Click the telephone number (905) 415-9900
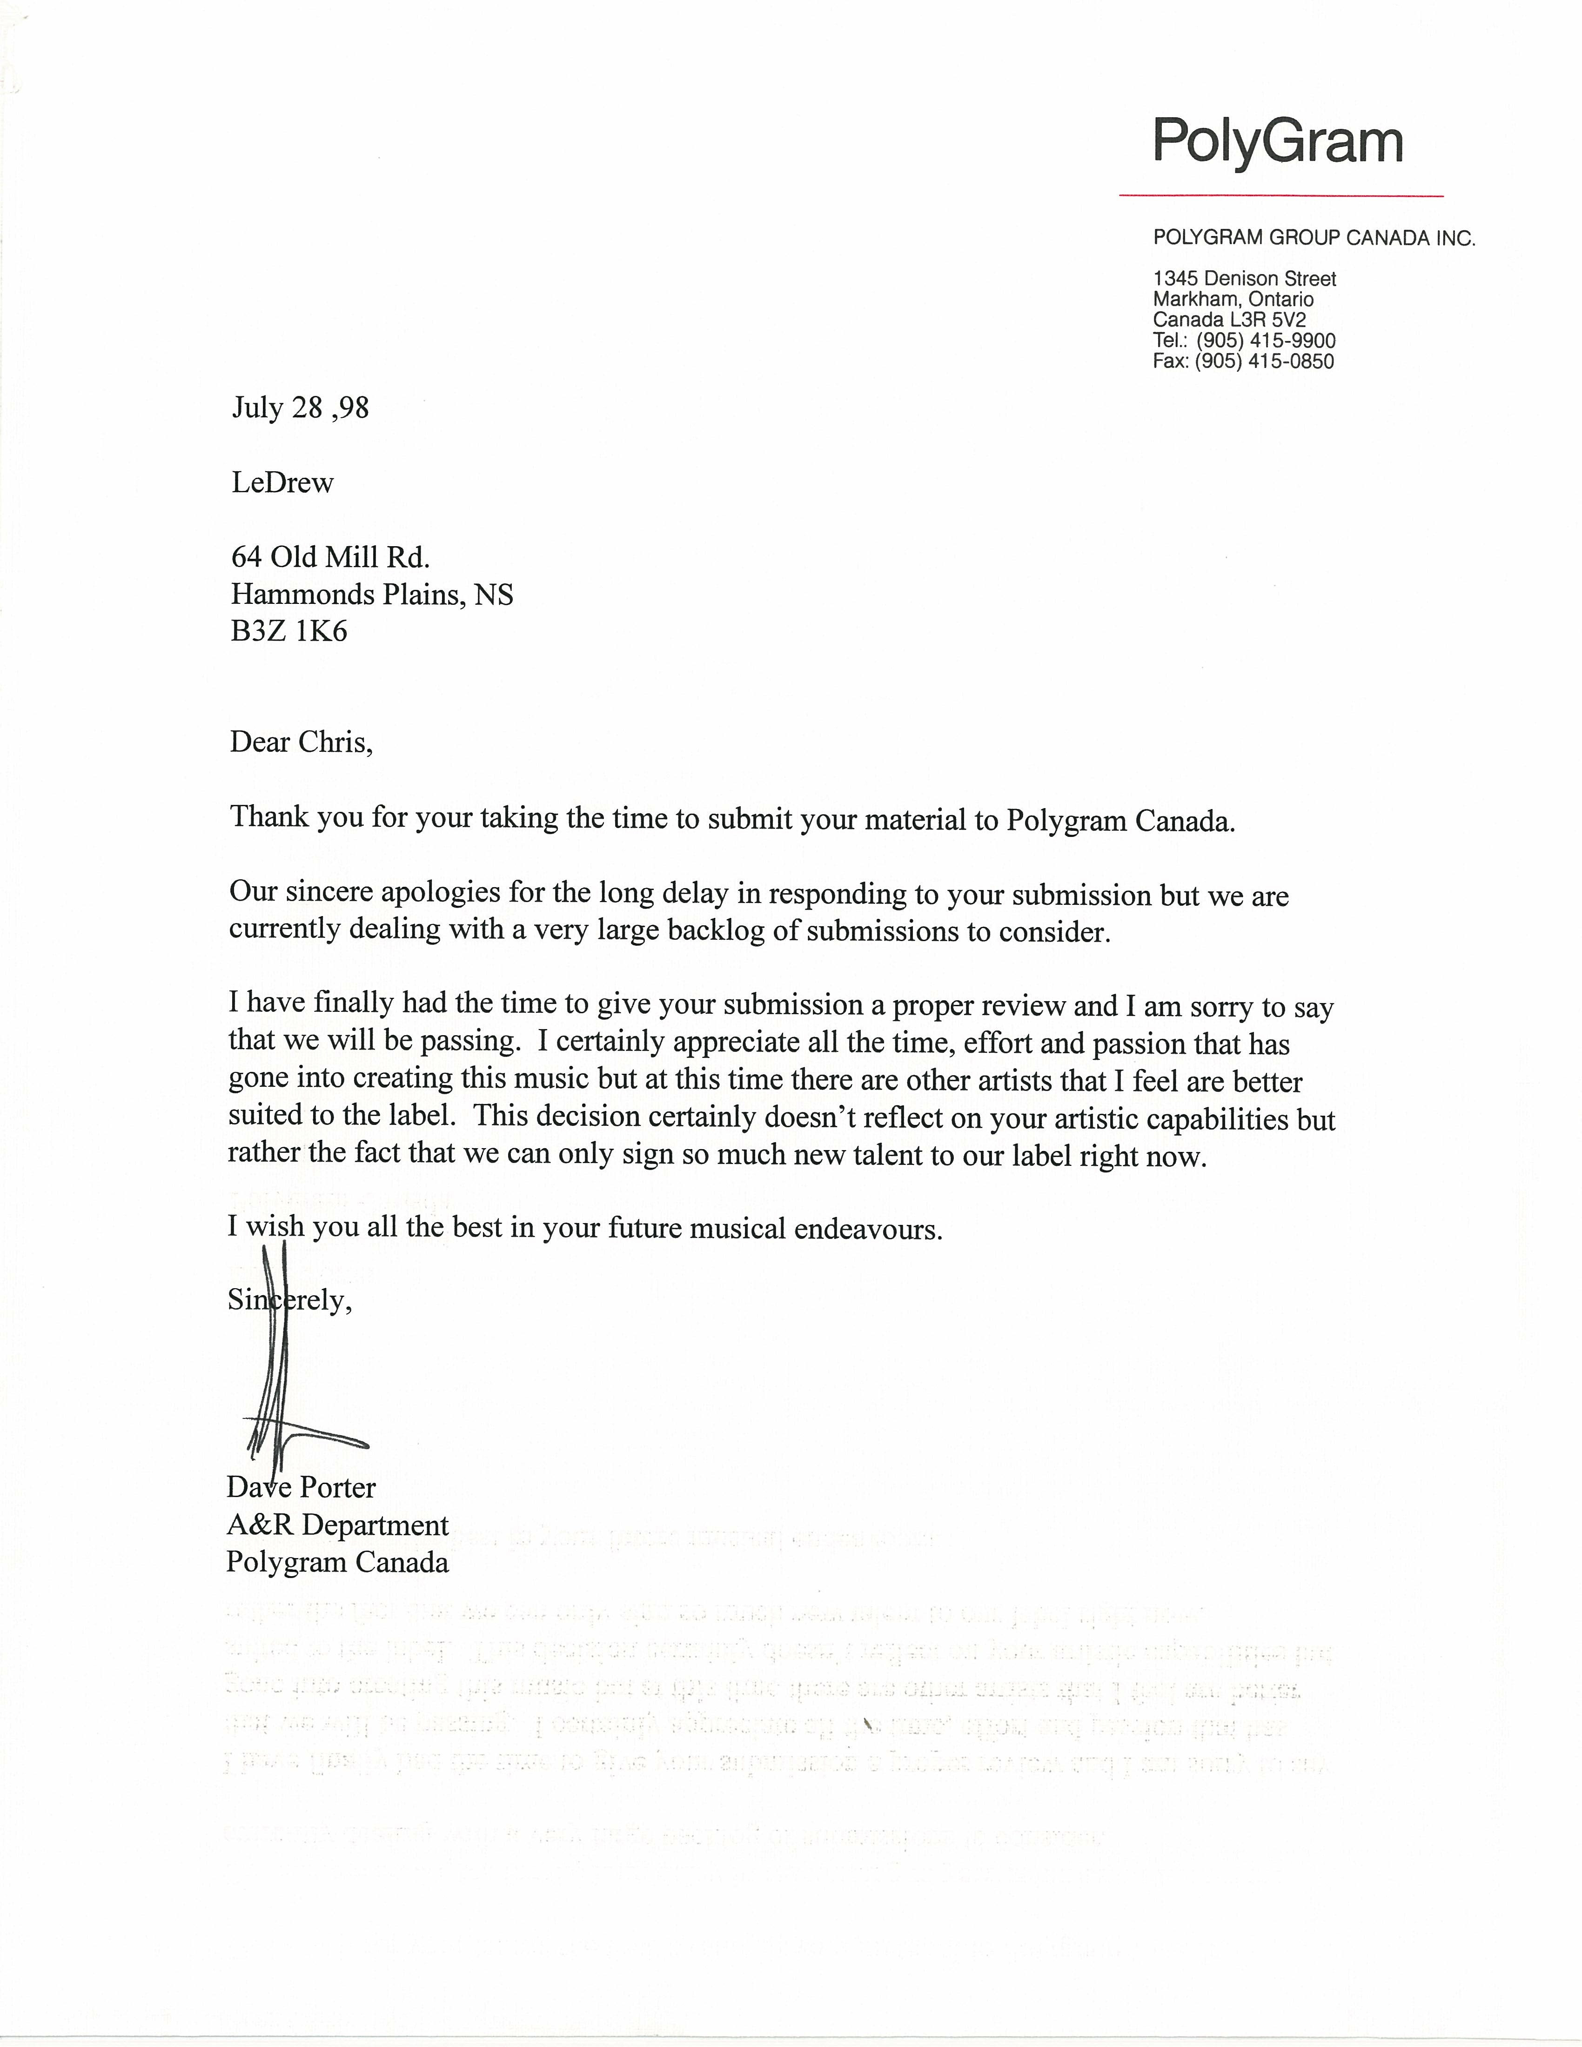(x=1265, y=340)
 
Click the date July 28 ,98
(x=300, y=408)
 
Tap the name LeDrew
(x=282, y=483)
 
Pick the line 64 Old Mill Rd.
(x=330, y=558)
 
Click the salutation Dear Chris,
(x=301, y=743)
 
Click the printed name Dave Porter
(x=301, y=1487)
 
